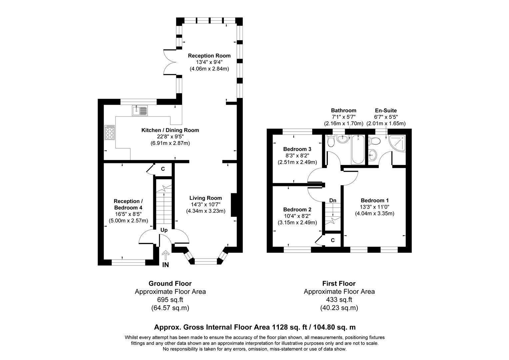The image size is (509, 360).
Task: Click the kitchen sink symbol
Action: (x=140, y=110)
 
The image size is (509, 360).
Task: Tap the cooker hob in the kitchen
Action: (x=110, y=132)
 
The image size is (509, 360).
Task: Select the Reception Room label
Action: (x=209, y=56)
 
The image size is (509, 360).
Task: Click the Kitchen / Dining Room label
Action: (x=170, y=130)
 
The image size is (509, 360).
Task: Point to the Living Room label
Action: (x=206, y=198)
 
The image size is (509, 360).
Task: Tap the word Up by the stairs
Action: (x=164, y=230)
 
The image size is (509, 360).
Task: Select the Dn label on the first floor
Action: (x=332, y=200)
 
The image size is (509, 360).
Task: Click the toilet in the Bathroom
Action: (x=331, y=142)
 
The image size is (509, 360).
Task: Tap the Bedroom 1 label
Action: (x=374, y=200)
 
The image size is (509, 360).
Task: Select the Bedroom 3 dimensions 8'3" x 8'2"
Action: (x=297, y=156)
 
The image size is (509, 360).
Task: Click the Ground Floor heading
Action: (x=170, y=284)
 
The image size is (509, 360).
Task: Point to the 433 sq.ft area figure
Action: (x=339, y=300)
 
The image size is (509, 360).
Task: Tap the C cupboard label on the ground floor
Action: (x=163, y=169)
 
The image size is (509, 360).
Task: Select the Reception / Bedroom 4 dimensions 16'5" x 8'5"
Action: (x=128, y=214)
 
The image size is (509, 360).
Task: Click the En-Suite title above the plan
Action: (x=386, y=110)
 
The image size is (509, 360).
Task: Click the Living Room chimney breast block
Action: (x=234, y=205)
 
